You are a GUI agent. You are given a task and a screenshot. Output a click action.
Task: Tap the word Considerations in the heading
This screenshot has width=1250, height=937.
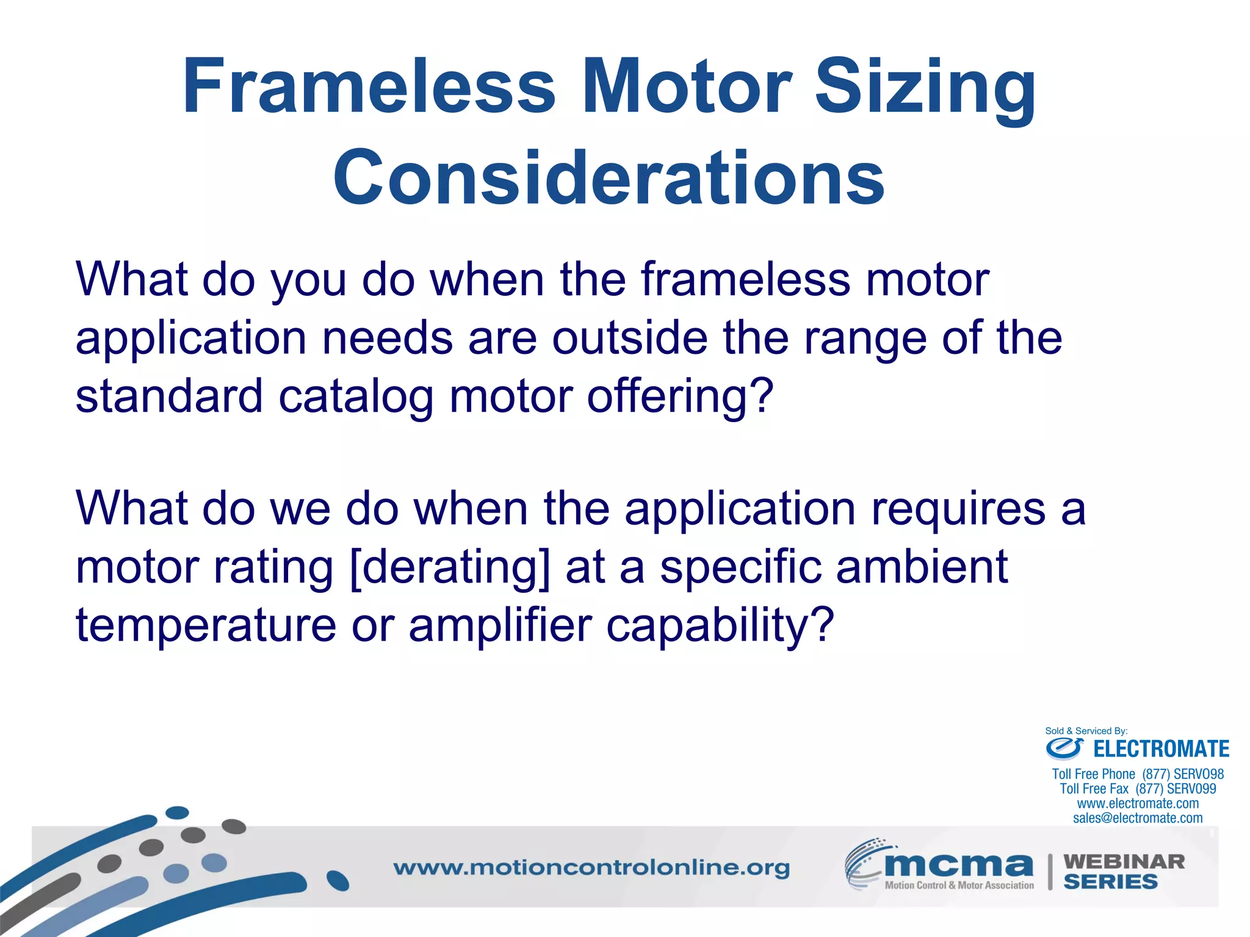click(609, 178)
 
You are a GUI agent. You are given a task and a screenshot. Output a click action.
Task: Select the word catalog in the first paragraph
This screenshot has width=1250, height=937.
click(356, 396)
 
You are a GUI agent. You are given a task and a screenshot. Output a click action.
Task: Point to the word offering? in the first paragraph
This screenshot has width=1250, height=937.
click(681, 396)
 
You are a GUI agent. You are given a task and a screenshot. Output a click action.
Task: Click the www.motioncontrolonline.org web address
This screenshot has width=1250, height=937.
click(591, 867)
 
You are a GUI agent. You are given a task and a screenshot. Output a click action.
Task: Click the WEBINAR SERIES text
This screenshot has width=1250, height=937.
click(1123, 872)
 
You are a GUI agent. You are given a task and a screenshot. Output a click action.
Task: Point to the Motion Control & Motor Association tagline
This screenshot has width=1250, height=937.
click(959, 885)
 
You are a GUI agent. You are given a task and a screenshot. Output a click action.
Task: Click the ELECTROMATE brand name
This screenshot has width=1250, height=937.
click(1161, 749)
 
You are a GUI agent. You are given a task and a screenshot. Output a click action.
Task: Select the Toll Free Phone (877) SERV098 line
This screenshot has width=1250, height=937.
click(1138, 774)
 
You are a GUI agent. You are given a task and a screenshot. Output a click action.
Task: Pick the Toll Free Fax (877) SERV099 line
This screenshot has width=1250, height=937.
click(1138, 789)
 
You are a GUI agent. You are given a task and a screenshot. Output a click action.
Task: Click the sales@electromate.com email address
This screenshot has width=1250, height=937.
click(1138, 818)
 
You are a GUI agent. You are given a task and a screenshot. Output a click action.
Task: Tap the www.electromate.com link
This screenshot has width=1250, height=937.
click(1138, 803)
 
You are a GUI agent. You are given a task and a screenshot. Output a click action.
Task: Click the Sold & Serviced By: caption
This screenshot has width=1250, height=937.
click(1086, 731)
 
